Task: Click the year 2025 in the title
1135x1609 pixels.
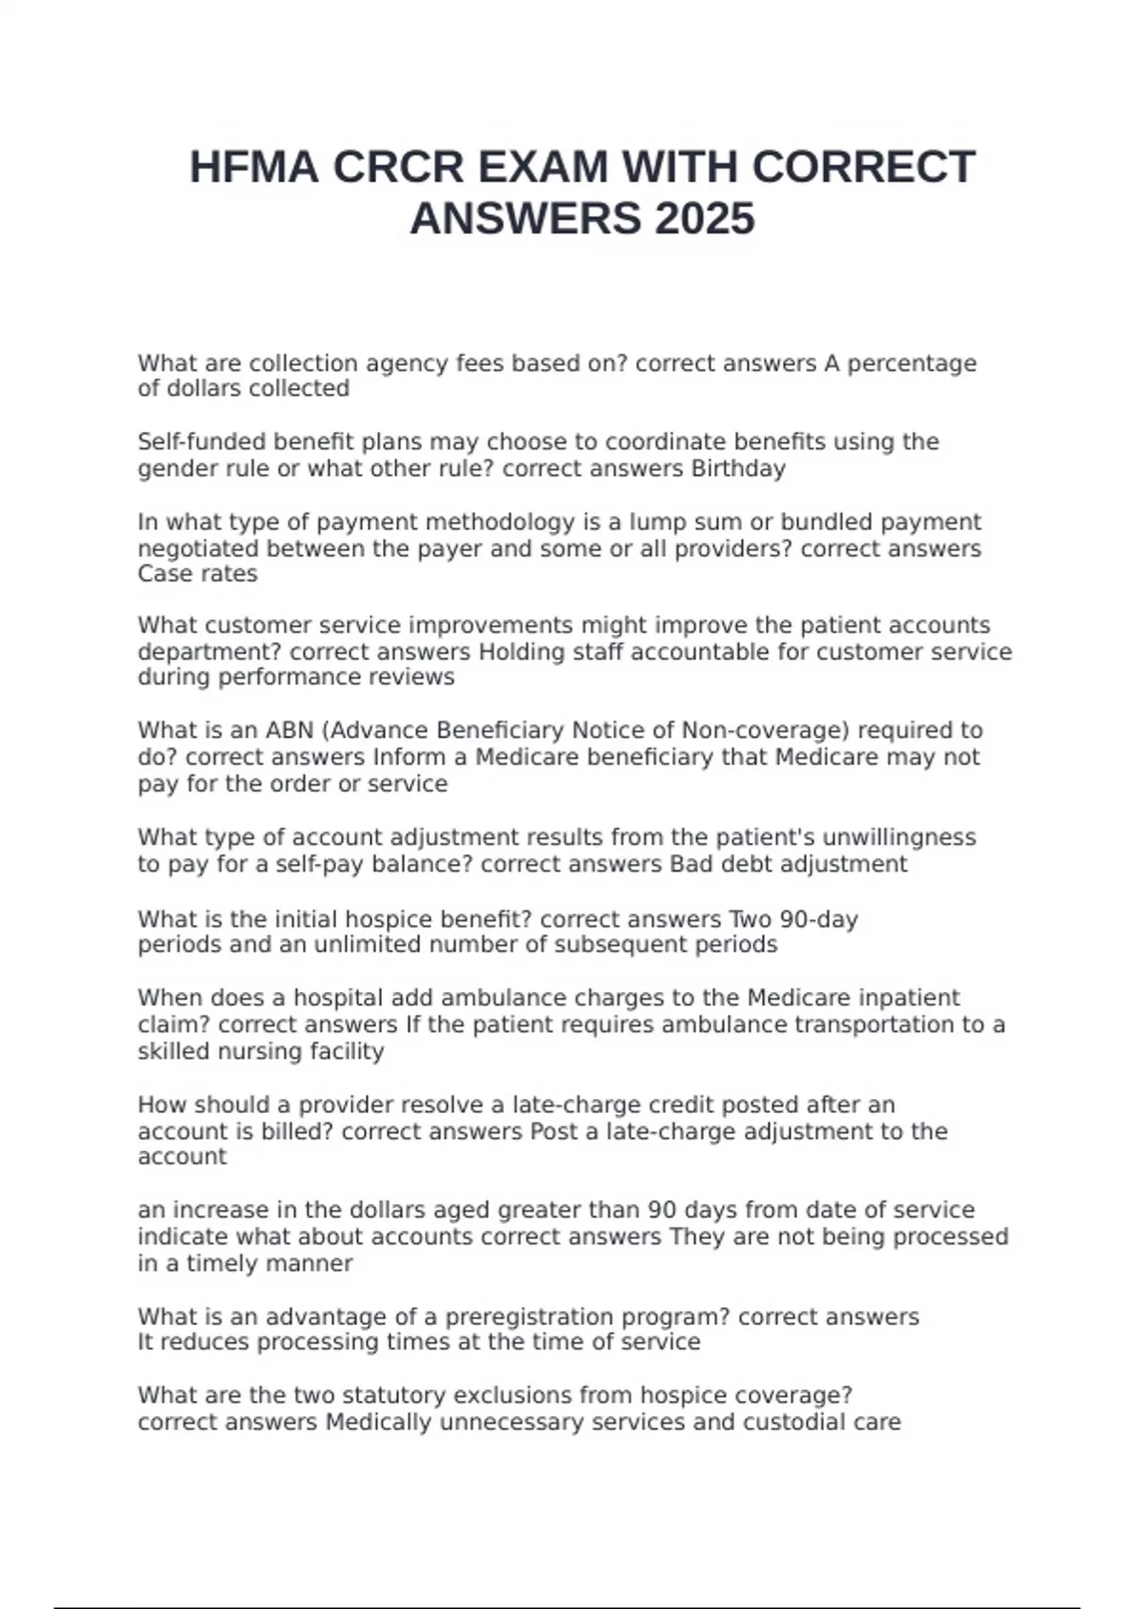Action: [x=704, y=220]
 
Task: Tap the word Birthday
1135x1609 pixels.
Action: [x=738, y=469]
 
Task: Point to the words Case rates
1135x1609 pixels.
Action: [x=197, y=575]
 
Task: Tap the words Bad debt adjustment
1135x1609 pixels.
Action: [x=788, y=864]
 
